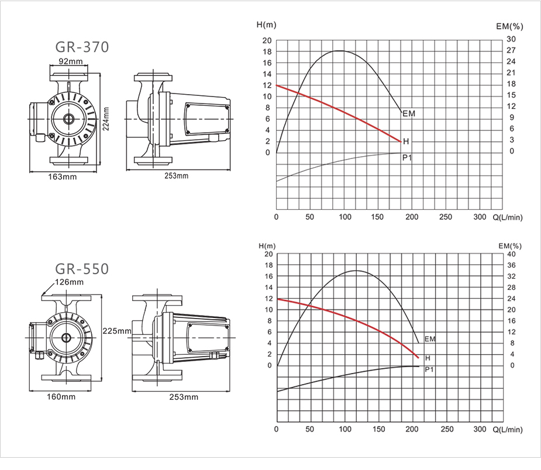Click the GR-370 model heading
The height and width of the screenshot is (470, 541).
pos(82,47)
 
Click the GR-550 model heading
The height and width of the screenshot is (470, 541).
pos(82,269)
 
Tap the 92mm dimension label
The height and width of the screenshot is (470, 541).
pos(71,61)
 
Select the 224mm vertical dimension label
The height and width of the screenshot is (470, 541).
pos(106,119)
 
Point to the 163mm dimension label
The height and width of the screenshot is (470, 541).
pos(63,177)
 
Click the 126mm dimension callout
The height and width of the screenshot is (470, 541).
pos(70,282)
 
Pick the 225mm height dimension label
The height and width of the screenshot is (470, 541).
pos(117,331)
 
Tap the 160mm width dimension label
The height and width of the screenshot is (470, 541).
pos(61,396)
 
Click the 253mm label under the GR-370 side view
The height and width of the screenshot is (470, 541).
pos(176,176)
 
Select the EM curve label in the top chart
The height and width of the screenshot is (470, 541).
pos(409,113)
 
